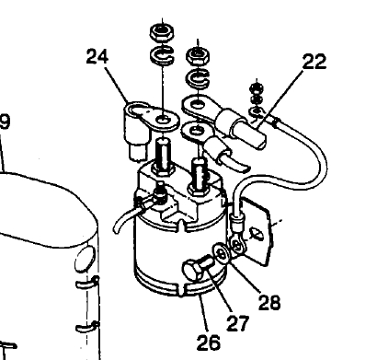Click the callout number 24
[x=97, y=57]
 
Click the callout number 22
[x=314, y=62]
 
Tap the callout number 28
[x=269, y=302]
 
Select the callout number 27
[x=238, y=323]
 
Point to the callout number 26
[x=209, y=343]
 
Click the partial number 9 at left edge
[x=5, y=122]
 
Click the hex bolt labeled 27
[x=198, y=268]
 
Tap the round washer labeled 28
[x=221, y=253]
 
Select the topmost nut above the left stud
[x=162, y=30]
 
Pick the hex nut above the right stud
[x=198, y=55]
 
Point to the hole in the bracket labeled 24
[x=162, y=120]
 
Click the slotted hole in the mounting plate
[x=257, y=235]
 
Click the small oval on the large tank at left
[x=85, y=259]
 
